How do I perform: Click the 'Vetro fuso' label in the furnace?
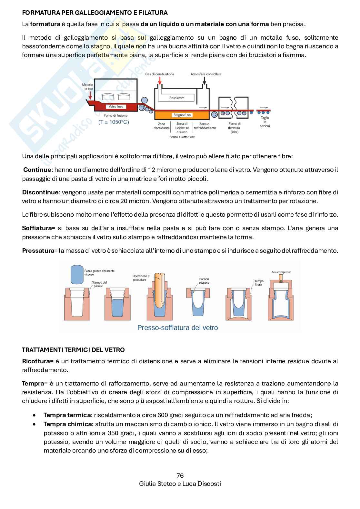pos(116,107)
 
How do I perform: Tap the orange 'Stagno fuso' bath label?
pos(182,115)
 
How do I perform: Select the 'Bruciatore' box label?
pos(177,98)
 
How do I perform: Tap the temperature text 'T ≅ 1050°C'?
pos(114,122)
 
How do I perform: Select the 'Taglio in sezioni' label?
pos(265,122)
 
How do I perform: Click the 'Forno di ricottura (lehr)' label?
pos(234,128)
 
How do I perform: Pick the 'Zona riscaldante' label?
pos(161,126)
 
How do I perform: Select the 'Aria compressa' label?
pos(281,272)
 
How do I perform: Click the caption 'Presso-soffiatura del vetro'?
pos(177,328)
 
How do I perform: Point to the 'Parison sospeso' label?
pos(204,281)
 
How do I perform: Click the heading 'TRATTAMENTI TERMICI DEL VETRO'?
pos(73,350)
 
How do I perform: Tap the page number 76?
pos(180,475)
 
